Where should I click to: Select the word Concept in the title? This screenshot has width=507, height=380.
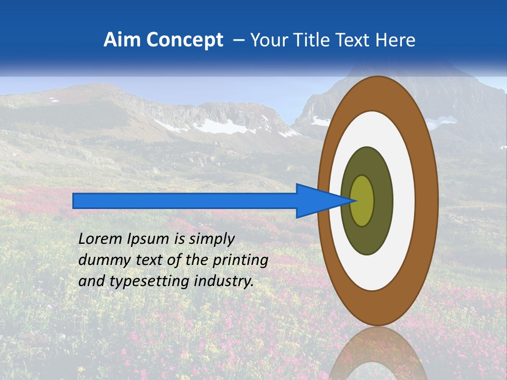[x=184, y=41]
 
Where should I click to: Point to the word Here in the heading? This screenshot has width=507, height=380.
[x=396, y=40]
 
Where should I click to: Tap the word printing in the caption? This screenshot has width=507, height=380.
[x=240, y=261]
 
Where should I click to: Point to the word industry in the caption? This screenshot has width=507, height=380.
[x=224, y=281]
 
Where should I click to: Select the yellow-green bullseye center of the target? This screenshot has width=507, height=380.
[x=362, y=201]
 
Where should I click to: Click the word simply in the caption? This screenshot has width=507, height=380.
[x=211, y=240]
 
